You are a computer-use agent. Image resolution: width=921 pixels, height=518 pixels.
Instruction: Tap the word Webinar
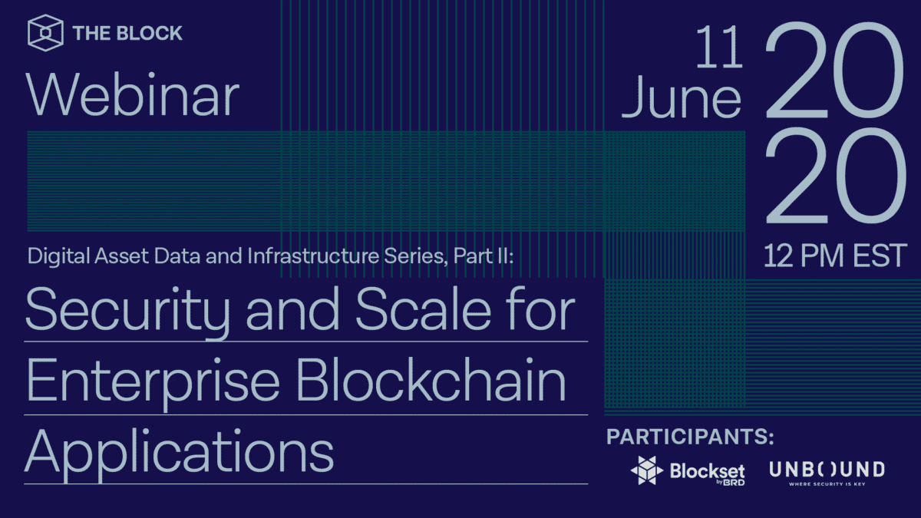click(133, 97)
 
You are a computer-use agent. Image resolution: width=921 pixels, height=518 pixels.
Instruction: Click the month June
click(682, 100)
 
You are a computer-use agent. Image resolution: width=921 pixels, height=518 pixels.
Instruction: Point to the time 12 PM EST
click(835, 256)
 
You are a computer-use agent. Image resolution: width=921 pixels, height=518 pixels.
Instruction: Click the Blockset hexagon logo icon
click(646, 470)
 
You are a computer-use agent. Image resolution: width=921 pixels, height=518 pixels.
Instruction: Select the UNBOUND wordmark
click(827, 468)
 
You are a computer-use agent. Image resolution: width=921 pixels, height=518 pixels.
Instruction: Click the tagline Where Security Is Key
click(827, 483)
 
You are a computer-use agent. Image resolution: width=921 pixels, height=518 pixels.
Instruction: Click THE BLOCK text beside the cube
click(127, 33)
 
